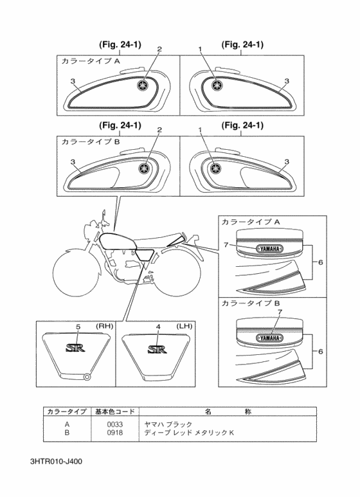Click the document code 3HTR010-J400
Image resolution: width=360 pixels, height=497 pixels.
pyautogui.click(x=56, y=461)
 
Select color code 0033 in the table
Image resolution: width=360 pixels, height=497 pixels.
pyautogui.click(x=114, y=424)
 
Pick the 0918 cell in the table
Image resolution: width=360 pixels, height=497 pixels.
pyautogui.click(x=114, y=432)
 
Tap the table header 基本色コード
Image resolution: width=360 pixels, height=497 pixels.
pyautogui.click(x=115, y=411)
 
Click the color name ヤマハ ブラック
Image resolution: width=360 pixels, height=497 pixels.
pyautogui.click(x=168, y=424)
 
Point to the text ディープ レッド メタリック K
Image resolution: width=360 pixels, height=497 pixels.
pyautogui.click(x=189, y=432)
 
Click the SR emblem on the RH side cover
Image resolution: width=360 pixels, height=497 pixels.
pyautogui.click(x=75, y=348)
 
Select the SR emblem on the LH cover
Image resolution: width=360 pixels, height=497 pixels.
pyautogui.click(x=157, y=349)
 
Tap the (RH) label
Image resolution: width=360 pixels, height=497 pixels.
pyautogui.click(x=104, y=326)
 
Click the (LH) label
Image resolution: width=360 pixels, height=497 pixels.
pyautogui.click(x=184, y=326)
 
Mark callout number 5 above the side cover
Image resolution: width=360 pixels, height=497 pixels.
pyautogui.click(x=78, y=327)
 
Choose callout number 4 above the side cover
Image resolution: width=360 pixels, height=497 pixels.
pyautogui.click(x=158, y=327)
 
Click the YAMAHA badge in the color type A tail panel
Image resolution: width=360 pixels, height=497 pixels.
pyautogui.click(x=270, y=249)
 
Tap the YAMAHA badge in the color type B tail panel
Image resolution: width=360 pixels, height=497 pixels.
pyautogui.click(x=270, y=338)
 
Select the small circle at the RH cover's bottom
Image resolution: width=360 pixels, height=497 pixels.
pyautogui.click(x=86, y=377)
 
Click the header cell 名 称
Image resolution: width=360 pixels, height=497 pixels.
pyautogui.click(x=228, y=411)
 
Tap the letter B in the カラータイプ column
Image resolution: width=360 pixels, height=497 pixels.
pyautogui.click(x=67, y=432)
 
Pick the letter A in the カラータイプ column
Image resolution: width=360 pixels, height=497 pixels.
pyautogui.click(x=67, y=424)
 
